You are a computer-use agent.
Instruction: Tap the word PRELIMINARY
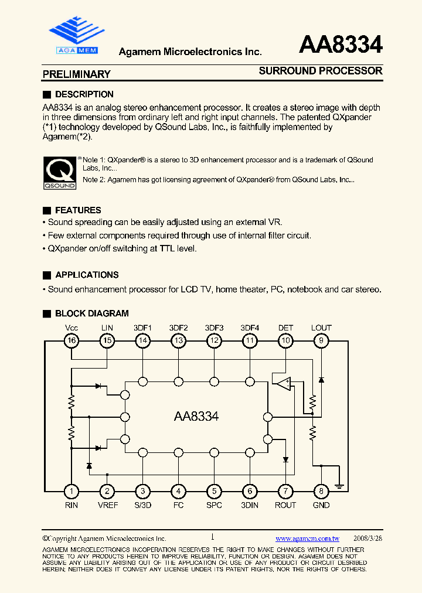click(76, 74)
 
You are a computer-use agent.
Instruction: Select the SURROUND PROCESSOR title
click(320, 71)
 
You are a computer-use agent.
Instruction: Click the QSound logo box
click(60, 173)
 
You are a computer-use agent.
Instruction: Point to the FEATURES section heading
click(78, 210)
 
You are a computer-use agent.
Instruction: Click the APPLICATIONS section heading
click(87, 275)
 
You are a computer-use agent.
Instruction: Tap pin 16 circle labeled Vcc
click(72, 340)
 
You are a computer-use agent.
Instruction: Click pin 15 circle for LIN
click(107, 340)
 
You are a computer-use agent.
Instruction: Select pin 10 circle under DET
click(285, 340)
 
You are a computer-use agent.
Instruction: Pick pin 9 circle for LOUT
click(321, 340)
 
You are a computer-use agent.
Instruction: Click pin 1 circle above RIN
click(72, 491)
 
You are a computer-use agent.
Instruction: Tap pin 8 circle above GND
click(321, 491)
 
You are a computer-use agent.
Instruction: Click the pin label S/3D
click(142, 505)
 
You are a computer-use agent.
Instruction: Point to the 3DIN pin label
click(250, 505)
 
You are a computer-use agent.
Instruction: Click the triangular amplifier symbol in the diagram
click(284, 384)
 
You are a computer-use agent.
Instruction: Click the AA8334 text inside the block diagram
click(196, 417)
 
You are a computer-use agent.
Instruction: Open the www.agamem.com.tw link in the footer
click(307, 539)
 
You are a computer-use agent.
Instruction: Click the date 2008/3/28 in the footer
click(368, 539)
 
